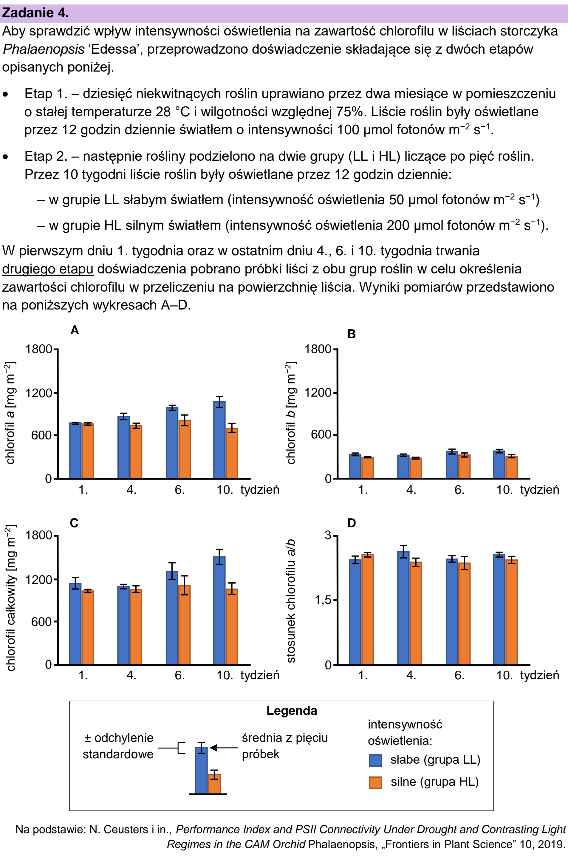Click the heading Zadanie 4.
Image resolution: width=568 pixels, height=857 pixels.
tap(35, 13)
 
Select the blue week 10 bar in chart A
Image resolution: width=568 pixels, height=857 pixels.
tap(219, 440)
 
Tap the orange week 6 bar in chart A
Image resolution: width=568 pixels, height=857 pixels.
tap(184, 449)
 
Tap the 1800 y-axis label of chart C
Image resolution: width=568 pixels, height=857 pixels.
tap(38, 535)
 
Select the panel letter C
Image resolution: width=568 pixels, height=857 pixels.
tap(74, 523)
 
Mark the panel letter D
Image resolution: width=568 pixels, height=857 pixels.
tap(351, 523)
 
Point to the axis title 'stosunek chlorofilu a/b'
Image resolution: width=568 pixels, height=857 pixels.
tap(290, 601)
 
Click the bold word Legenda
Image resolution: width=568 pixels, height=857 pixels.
tap(292, 710)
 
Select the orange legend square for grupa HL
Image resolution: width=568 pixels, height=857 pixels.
tap(375, 782)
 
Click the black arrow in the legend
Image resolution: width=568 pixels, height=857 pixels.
tap(224, 748)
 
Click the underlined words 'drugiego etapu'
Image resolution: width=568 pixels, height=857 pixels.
tap(48, 269)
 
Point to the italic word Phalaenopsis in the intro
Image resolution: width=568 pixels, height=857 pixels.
tap(44, 49)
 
